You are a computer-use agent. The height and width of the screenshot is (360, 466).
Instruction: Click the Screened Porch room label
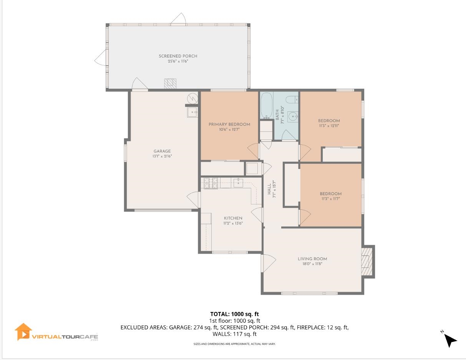coord(178,56)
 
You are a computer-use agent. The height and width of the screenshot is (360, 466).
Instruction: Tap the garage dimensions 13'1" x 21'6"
coord(162,156)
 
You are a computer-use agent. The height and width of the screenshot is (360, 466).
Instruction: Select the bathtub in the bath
coord(267,106)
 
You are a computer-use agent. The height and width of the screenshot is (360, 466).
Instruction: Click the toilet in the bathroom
coord(292,100)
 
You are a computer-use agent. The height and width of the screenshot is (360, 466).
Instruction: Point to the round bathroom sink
coord(293,116)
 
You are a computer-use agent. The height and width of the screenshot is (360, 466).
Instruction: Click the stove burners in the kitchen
coord(210,183)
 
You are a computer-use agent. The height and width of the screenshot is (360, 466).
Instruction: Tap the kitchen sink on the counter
coord(238,182)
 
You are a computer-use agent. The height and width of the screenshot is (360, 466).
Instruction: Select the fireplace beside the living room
coord(367,261)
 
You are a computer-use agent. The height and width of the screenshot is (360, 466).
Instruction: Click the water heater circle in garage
coord(192,98)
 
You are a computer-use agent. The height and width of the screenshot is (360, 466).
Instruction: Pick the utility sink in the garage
coord(192,112)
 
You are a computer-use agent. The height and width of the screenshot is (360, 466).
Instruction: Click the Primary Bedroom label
coord(229,124)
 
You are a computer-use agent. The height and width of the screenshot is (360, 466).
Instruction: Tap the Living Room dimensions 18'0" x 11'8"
coord(312,264)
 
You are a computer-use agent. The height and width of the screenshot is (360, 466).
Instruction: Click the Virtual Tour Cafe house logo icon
coord(23,332)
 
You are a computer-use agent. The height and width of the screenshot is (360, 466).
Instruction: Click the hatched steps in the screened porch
coord(171,84)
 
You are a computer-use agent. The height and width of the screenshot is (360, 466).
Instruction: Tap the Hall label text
coord(269,189)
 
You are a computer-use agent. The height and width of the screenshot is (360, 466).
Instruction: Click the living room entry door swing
coord(269,264)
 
